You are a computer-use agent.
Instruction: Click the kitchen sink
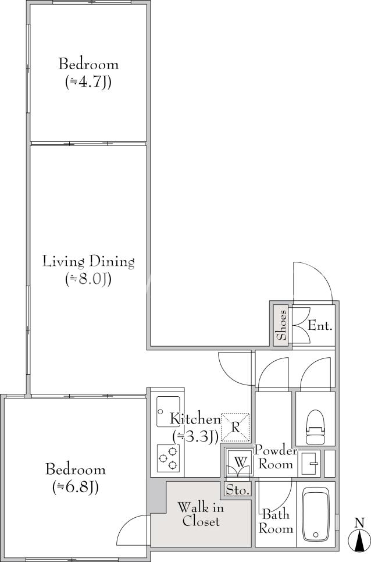pyautogui.click(x=168, y=411)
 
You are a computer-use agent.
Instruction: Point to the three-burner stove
pyautogui.click(x=168, y=458)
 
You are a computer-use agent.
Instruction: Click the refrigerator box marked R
pyautogui.click(x=235, y=427)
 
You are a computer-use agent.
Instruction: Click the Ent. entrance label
pyautogui.click(x=320, y=326)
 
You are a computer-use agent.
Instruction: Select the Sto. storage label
pyautogui.click(x=237, y=490)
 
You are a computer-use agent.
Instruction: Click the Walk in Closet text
pyautogui.click(x=201, y=514)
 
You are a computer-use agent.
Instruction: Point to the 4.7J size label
pyautogui.click(x=88, y=83)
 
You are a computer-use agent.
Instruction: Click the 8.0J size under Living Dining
pyautogui.click(x=88, y=279)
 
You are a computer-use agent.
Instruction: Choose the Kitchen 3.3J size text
pyautogui.click(x=195, y=436)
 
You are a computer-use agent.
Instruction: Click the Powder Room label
pyautogui.click(x=276, y=457)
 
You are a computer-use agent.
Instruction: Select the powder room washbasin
pyautogui.click(x=309, y=464)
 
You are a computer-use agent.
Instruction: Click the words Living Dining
pyautogui.click(x=88, y=261)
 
